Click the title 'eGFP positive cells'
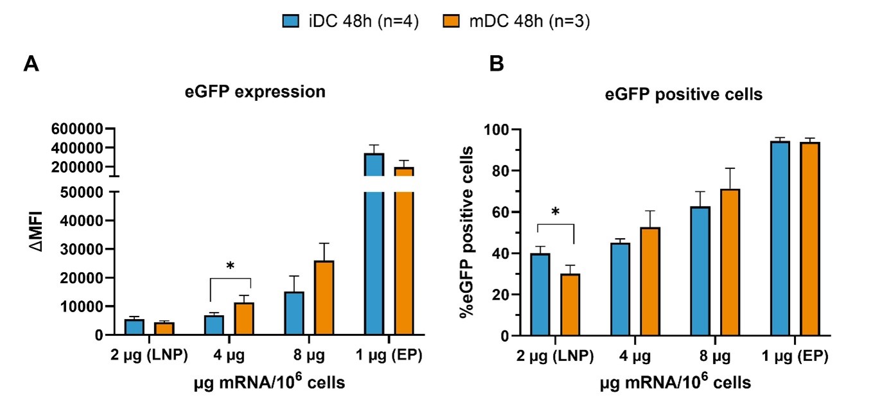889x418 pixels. coord(684,95)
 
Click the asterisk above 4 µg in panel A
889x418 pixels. coord(230,265)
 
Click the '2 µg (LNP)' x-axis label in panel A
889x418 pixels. coord(146,356)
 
